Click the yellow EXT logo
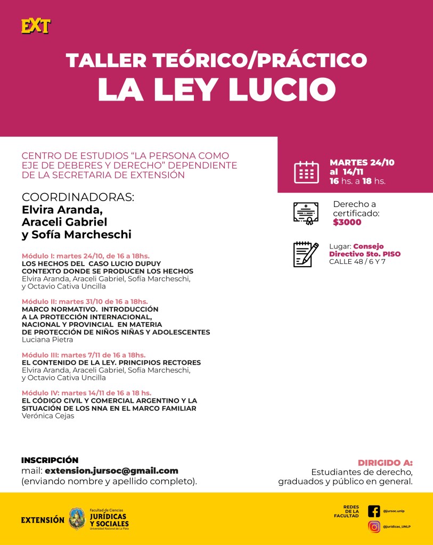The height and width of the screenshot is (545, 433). [36, 26]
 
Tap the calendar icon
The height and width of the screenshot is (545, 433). [306, 172]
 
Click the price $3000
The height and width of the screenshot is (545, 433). [347, 222]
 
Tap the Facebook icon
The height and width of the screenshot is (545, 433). [374, 511]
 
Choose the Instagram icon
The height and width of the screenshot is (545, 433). [374, 527]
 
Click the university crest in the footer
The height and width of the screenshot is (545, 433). [77, 518]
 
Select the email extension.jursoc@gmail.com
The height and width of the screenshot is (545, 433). [111, 471]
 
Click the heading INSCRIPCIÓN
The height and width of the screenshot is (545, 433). [50, 460]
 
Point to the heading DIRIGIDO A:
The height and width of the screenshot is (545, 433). [385, 463]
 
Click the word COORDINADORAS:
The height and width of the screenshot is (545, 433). [78, 197]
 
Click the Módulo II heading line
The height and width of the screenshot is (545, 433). [85, 302]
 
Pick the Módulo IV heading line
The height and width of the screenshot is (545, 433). [86, 393]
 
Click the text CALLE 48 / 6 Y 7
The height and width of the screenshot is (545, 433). [357, 261]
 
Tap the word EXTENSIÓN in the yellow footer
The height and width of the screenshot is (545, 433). [43, 520]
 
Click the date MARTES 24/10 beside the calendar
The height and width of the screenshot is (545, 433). [362, 162]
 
